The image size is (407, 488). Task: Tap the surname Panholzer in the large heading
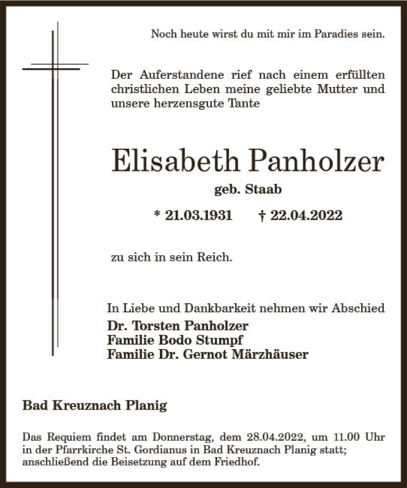tap(315, 161)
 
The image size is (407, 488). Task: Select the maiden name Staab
tap(264, 190)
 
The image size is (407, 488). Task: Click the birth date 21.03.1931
tap(199, 215)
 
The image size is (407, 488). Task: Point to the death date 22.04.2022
tap(307, 215)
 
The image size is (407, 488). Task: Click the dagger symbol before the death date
tap(261, 215)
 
